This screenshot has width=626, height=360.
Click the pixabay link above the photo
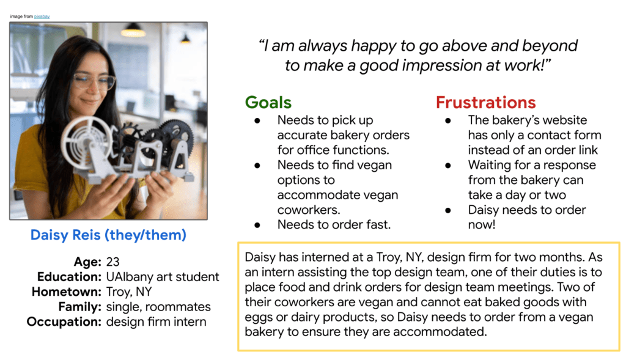(x=42, y=17)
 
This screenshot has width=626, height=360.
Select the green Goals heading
(x=268, y=103)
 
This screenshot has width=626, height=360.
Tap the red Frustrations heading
(x=485, y=103)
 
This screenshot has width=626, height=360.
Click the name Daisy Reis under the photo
(x=65, y=235)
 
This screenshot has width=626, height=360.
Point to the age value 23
(x=112, y=262)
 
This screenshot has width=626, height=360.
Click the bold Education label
(x=69, y=277)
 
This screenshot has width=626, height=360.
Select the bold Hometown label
(x=67, y=292)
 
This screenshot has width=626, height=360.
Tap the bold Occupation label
(x=64, y=321)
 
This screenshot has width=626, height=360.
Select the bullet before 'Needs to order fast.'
(x=257, y=225)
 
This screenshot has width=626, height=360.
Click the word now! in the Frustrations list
(x=482, y=225)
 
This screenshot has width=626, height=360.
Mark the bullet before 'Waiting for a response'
(x=448, y=165)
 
